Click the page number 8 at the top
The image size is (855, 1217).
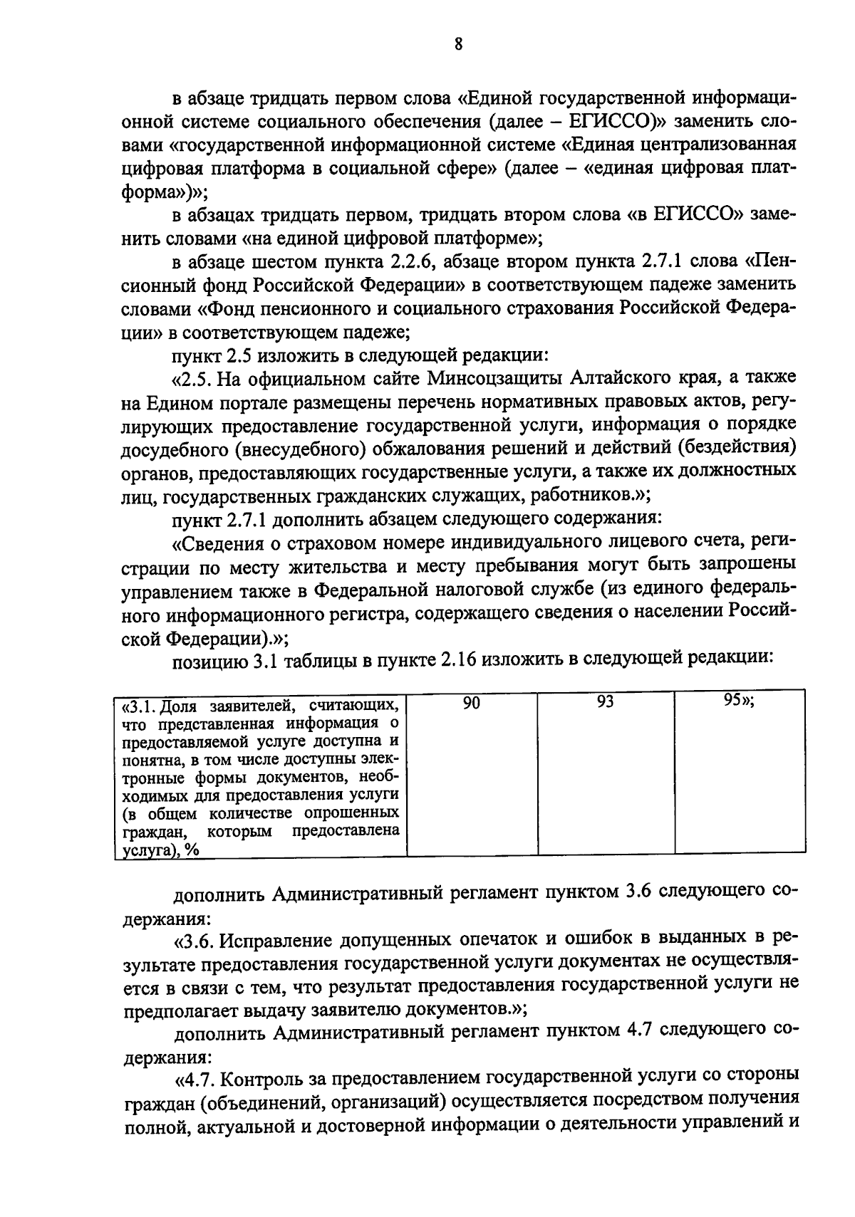(458, 45)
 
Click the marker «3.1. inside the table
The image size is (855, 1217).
(140, 706)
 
